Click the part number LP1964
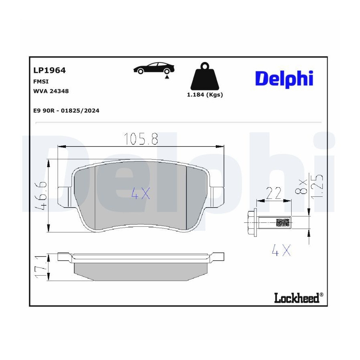[49, 70]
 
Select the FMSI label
[41, 82]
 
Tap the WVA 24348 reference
[51, 91]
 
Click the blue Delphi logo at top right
[284, 79]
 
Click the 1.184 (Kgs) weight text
[205, 94]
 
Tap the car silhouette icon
[154, 68]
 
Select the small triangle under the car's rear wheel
[167, 77]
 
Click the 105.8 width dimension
[141, 139]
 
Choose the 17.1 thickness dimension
[41, 267]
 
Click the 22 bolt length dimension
[274, 193]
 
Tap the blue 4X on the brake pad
[140, 193]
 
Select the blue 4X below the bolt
[281, 250]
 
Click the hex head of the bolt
[252, 222]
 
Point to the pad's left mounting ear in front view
[63, 196]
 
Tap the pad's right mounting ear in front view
[218, 196]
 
